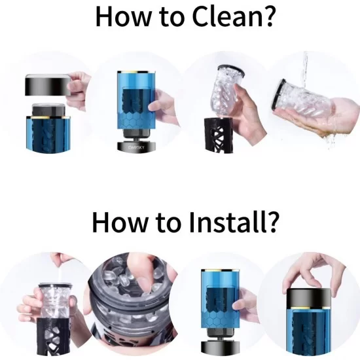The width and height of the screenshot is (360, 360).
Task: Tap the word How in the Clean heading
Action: (123, 17)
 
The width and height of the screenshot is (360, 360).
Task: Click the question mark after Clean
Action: (269, 16)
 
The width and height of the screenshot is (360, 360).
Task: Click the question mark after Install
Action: (272, 222)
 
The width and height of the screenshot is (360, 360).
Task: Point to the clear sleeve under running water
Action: (302, 101)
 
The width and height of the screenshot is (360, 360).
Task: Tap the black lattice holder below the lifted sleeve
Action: (219, 135)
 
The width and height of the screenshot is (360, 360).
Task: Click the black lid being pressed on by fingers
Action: (309, 298)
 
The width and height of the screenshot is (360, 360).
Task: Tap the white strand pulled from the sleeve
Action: (61, 274)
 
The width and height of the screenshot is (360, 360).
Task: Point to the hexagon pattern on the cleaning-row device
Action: (136, 120)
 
